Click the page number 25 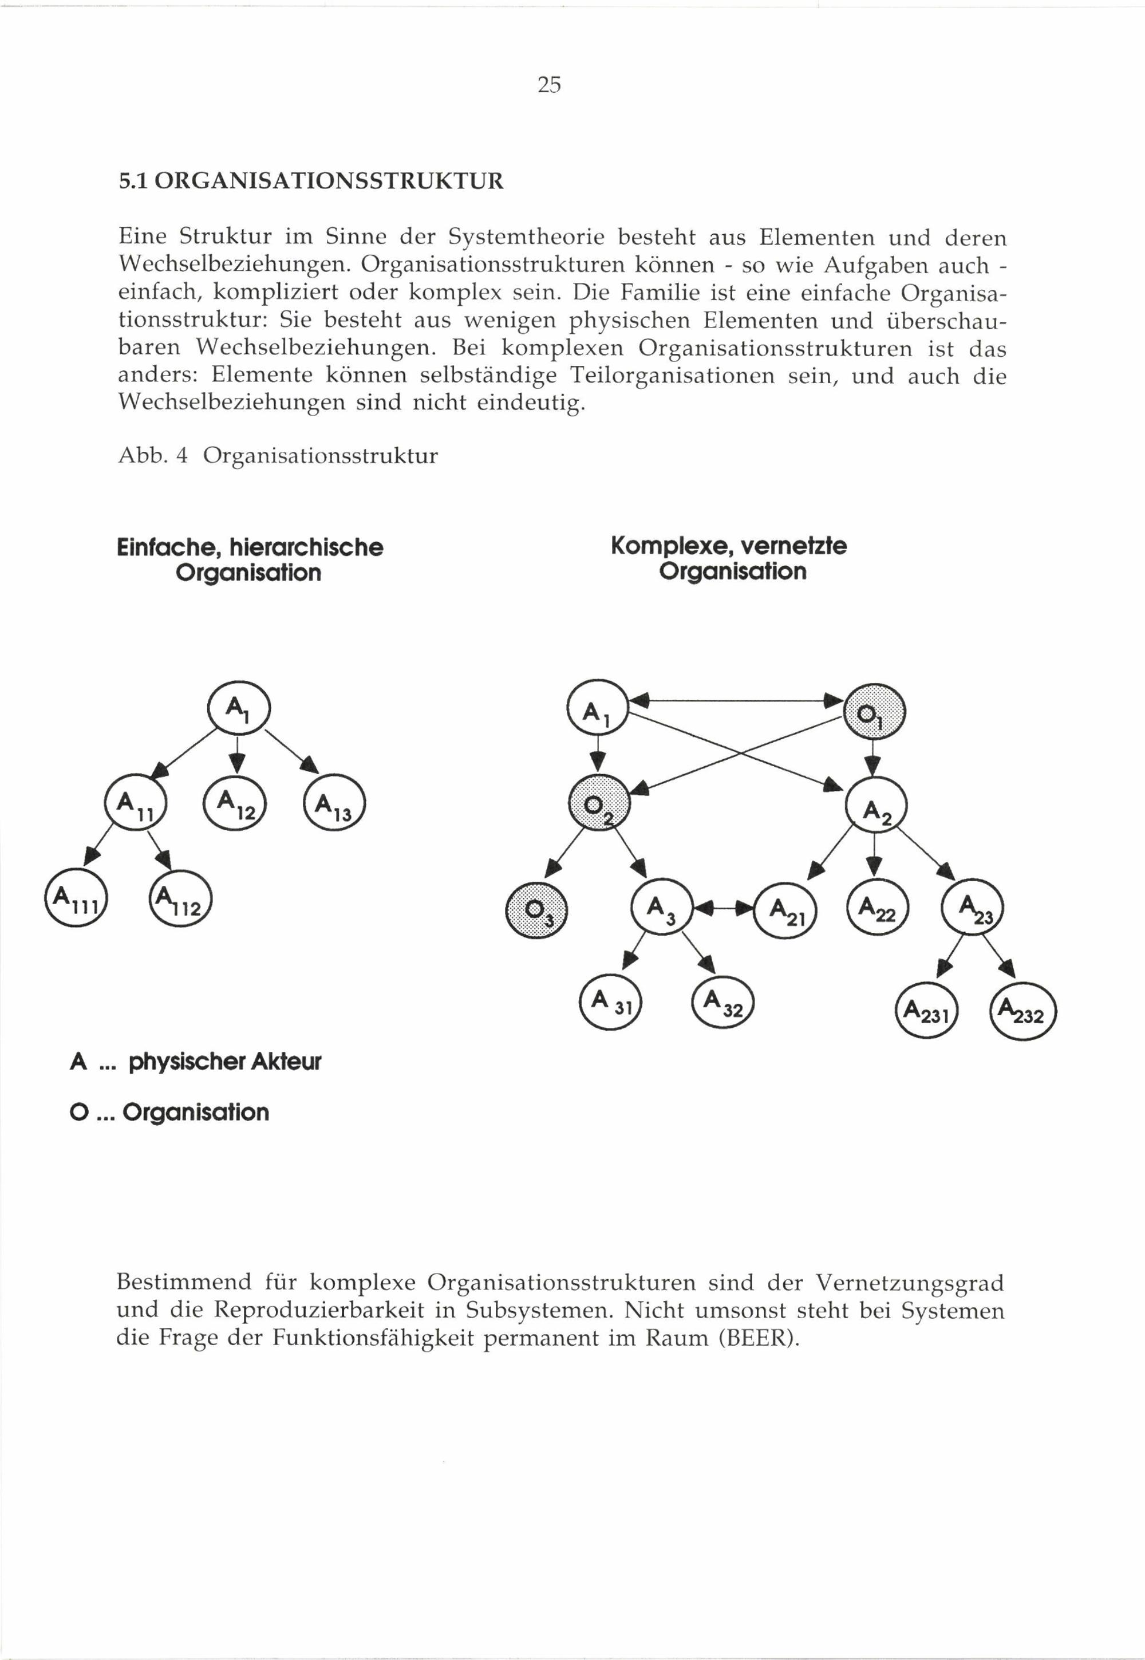[549, 85]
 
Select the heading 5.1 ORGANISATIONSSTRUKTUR [311, 181]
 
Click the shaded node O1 [875, 712]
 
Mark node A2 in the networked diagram [876, 806]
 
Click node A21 [784, 910]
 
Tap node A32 [723, 1002]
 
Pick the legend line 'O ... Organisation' [170, 1113]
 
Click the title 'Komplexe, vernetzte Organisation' [729, 558]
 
